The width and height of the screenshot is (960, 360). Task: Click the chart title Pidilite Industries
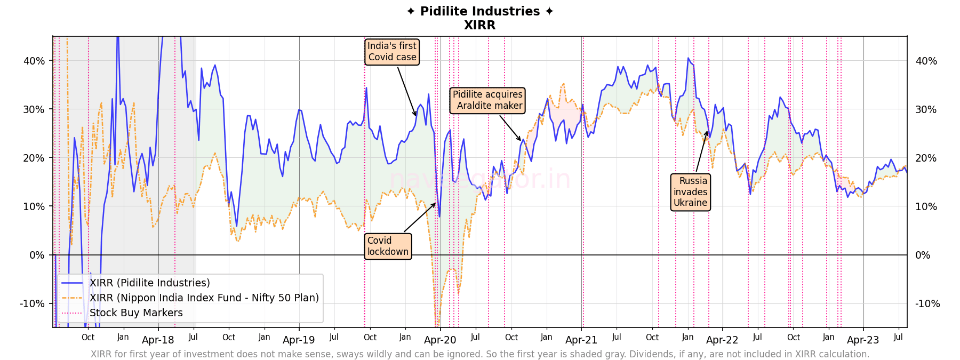point(479,11)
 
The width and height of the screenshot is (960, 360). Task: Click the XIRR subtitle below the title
point(479,25)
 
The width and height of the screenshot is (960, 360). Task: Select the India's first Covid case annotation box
point(392,52)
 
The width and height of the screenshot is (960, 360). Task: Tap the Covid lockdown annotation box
point(388,246)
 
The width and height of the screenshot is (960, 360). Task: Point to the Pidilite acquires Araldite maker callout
point(487,100)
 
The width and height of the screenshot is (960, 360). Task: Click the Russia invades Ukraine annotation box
point(690,192)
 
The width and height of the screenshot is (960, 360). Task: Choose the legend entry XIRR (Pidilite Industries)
point(149,283)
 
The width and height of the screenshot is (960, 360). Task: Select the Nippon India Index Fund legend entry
point(204,298)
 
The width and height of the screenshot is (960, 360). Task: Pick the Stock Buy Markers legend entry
point(136,313)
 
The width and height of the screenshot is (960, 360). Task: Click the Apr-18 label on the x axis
point(158,340)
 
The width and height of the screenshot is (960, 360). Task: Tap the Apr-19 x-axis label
point(299,340)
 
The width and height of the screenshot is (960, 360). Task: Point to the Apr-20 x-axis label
point(440,340)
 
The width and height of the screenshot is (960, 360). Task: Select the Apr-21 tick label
point(581,340)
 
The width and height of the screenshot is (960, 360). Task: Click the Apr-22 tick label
point(722,340)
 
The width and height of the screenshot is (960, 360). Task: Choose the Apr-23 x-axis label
point(863,340)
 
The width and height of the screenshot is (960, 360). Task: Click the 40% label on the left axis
point(34,61)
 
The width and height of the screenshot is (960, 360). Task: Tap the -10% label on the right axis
point(927,304)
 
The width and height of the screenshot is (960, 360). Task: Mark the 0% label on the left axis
point(37,255)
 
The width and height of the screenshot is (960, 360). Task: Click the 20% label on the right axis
point(926,158)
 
